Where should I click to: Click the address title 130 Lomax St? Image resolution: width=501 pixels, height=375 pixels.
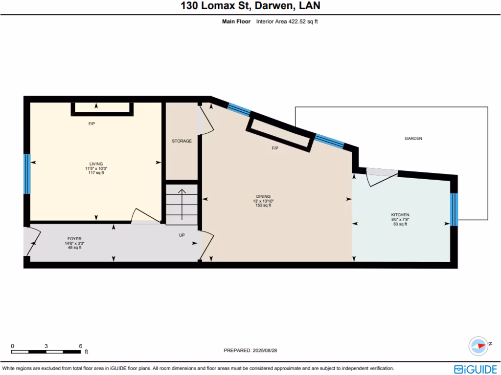pos(250,6)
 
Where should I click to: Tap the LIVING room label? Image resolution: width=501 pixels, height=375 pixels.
pos(96,164)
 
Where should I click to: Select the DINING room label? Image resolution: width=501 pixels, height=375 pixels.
pos(263,197)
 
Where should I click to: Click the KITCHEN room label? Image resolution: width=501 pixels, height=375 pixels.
pos(400,215)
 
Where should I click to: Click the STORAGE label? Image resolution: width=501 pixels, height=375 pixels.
pos(182,141)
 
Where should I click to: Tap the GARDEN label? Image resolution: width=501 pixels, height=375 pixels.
pos(413,139)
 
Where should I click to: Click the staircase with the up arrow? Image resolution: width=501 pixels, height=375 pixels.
pos(182,204)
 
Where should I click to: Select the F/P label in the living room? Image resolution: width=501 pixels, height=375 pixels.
pos(91,124)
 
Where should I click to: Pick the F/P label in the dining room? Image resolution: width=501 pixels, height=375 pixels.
pos(275,148)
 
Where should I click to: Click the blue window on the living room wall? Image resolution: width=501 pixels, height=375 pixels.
pos(27,167)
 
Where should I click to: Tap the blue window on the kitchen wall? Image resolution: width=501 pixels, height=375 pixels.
pos(454,209)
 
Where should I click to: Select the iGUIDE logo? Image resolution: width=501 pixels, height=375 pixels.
pos(476,369)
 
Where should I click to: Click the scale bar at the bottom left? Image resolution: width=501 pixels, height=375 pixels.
pos(46,351)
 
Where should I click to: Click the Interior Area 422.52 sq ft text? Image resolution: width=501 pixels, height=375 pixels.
pos(287,21)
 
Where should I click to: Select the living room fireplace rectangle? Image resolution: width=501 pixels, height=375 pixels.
pos(102,108)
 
